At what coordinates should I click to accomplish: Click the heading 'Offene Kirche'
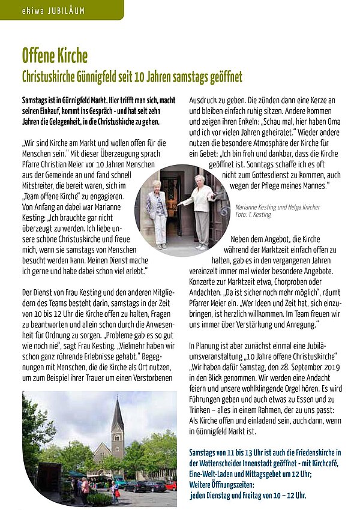pyautogui.click(x=55, y=56)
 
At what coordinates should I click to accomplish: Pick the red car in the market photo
pyautogui.click(x=171, y=485)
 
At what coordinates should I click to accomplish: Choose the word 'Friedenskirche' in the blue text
pyautogui.click(x=308, y=452)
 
